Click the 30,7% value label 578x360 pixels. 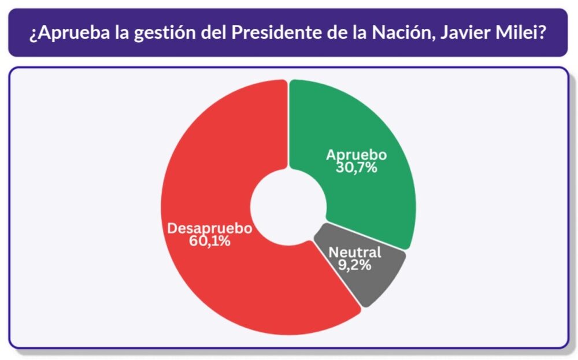click(356, 168)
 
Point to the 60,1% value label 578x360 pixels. click(210, 241)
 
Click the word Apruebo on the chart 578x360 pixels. click(356, 155)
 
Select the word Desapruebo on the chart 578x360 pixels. click(210, 228)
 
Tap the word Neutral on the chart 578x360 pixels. click(355, 253)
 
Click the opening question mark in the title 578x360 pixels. click(34, 32)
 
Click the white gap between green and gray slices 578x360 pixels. click(364, 236)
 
